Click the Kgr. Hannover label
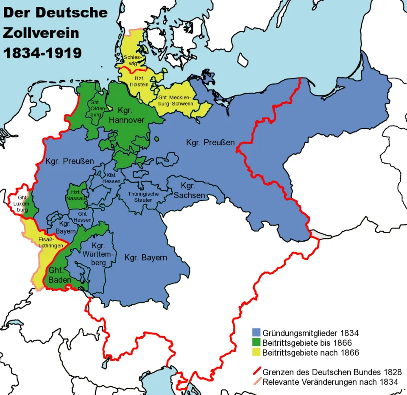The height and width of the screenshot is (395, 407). coord(127,116)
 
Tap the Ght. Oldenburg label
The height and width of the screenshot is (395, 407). coord(96,108)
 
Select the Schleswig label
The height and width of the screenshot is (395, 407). coord(131,60)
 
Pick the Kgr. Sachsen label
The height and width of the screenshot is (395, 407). coord(190,191)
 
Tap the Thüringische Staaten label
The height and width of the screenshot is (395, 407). coord(143,197)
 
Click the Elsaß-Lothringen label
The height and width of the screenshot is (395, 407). coord(49,242)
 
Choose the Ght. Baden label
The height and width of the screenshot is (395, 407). coord(57,275)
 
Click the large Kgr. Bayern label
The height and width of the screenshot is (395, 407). coord(145,257)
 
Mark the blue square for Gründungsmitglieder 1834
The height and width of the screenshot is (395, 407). coord(256,333)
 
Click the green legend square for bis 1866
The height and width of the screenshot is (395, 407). coord(256,343)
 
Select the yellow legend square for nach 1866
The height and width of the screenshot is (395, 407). coord(256,353)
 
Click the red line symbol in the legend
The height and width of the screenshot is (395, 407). coord(256,372)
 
